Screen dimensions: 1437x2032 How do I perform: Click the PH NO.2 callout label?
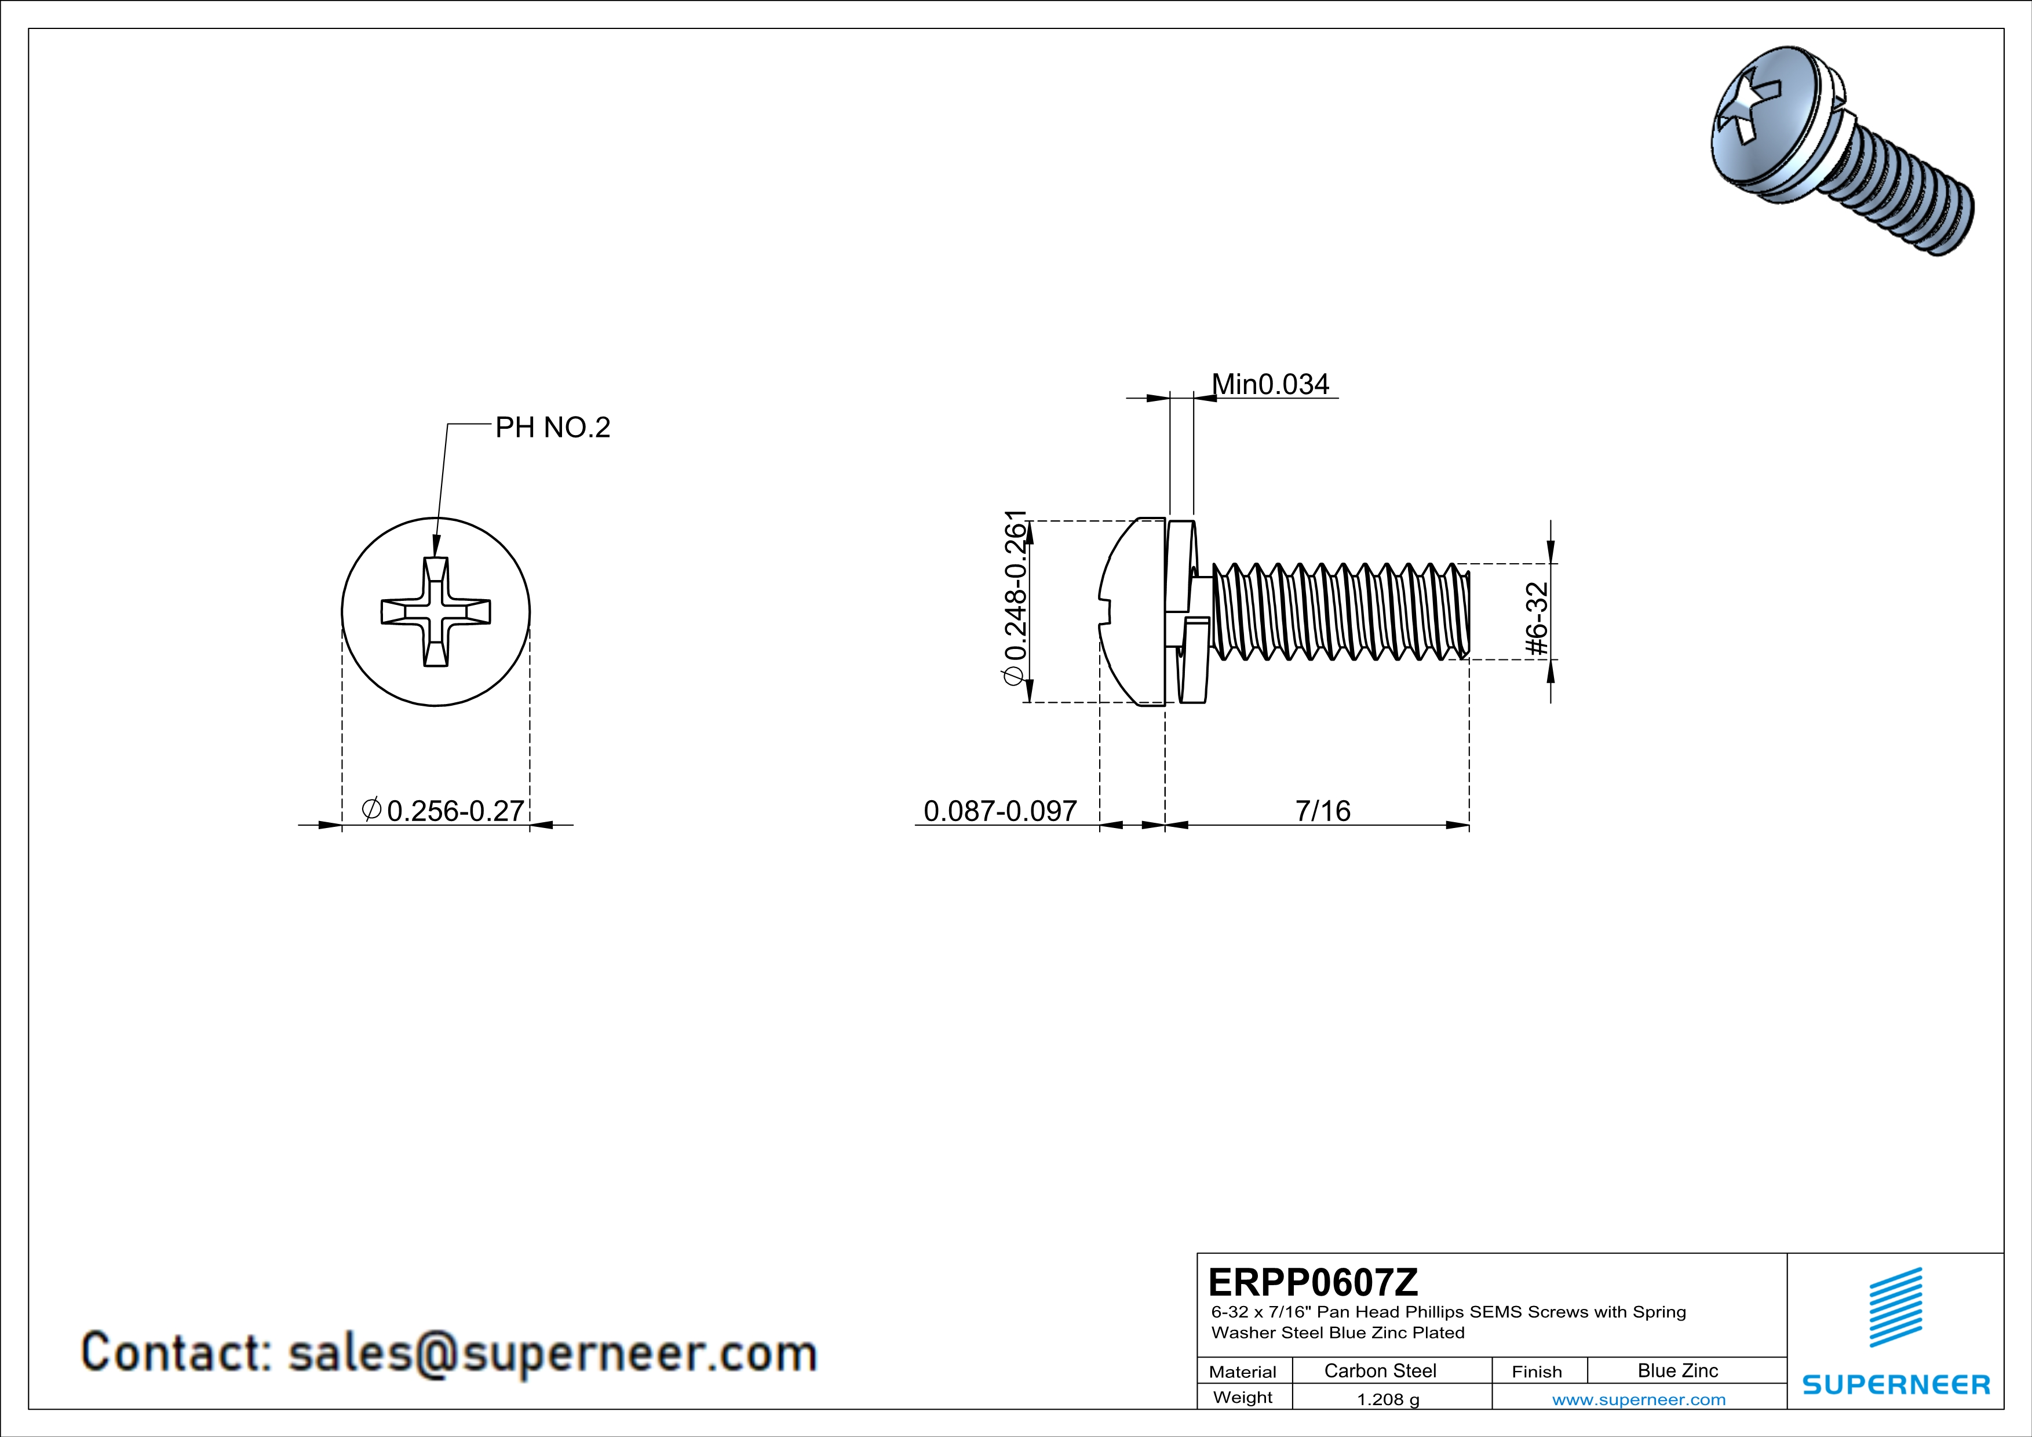point(552,428)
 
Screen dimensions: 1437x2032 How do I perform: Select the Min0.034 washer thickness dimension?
point(1270,385)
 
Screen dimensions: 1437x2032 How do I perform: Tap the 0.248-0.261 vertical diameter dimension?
point(1015,597)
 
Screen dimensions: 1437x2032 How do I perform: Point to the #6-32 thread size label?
point(1538,619)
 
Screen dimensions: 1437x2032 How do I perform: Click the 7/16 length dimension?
point(1322,811)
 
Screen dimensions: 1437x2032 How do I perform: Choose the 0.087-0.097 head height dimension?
point(1000,811)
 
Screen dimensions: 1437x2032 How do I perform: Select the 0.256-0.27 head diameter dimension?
point(445,811)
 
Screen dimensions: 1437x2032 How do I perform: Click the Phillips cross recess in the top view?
point(436,611)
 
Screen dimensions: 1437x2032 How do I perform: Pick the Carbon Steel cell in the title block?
point(1380,1370)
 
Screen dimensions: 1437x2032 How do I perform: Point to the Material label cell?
point(1243,1372)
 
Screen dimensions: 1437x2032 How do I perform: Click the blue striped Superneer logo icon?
point(1896,1307)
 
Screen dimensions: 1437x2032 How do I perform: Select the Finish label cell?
point(1537,1372)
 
